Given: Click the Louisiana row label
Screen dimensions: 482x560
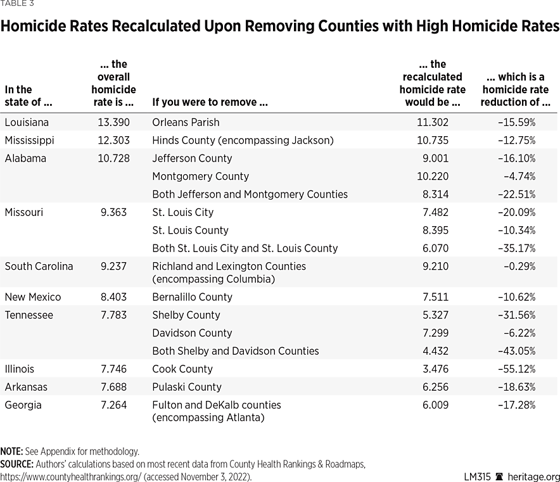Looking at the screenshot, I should point(27,122).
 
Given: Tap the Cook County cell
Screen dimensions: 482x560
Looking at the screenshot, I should point(182,369).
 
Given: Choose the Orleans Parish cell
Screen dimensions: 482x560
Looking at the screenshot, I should point(186,122).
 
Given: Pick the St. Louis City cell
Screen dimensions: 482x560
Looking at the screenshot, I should point(183,212).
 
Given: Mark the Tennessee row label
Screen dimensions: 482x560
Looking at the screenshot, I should point(29,315).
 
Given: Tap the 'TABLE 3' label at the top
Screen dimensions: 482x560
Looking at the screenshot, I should point(17,3).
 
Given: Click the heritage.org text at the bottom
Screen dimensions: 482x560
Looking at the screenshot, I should point(534,477).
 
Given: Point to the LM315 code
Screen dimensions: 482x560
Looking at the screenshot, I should point(477,477).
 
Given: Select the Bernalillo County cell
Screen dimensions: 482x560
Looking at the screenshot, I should point(193,297).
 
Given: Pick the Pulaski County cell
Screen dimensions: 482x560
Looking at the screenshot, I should point(187,387).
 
